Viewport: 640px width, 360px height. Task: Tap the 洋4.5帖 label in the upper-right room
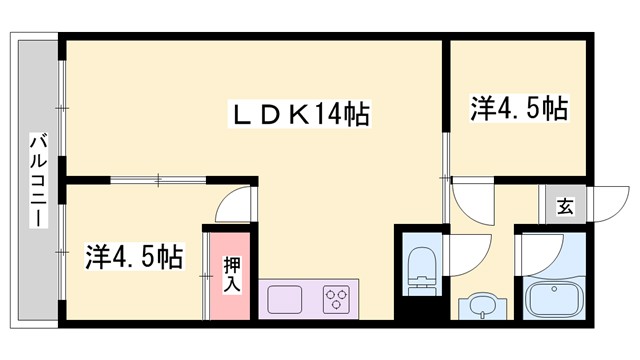coord(519,109)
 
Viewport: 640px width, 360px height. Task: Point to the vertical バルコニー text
coord(37,180)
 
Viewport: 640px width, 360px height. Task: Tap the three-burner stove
coord(335,299)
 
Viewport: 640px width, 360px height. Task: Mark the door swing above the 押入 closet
coord(237,204)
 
